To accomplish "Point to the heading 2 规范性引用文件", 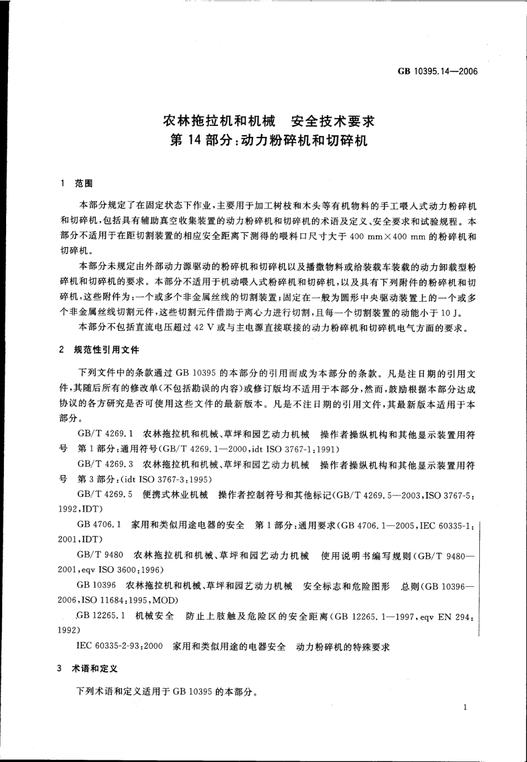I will click(x=100, y=350).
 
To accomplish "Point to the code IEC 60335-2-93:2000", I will click(x=120, y=647).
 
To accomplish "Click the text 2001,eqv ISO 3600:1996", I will click(x=112, y=570).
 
